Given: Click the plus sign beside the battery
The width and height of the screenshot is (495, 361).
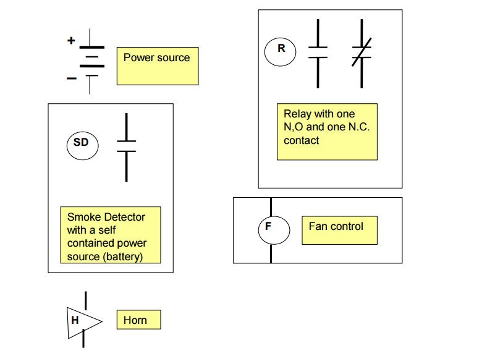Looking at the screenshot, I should [x=71, y=41].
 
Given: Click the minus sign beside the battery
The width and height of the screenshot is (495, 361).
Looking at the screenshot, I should [x=72, y=79].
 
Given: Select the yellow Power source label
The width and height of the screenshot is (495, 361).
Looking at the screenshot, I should [x=158, y=66].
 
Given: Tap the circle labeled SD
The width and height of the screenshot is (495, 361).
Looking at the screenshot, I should [x=81, y=143].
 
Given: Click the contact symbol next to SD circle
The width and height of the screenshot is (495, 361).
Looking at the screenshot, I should [x=126, y=147].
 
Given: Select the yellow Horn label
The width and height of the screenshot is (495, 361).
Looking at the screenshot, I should [x=138, y=320].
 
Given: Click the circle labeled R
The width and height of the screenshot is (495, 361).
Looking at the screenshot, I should [x=281, y=49].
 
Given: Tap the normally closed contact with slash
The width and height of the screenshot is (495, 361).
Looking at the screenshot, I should [x=362, y=53].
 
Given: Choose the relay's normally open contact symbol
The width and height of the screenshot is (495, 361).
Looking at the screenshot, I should [x=318, y=53].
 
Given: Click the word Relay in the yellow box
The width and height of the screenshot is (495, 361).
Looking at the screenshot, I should [x=297, y=114].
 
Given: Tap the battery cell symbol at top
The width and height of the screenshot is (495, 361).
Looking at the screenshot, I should [x=91, y=61].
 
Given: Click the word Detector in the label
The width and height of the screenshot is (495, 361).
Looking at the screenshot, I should [x=125, y=217].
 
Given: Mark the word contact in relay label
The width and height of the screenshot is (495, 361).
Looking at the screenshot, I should [x=302, y=140].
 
